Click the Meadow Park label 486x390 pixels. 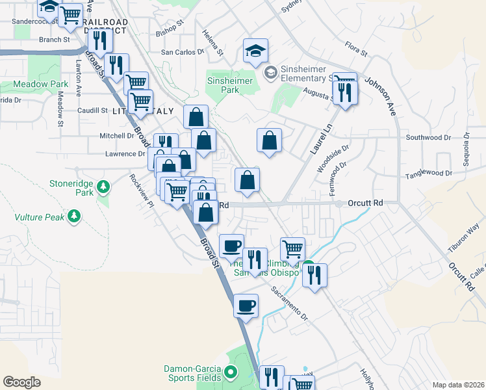[41, 84]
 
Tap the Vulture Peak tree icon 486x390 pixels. [75, 215]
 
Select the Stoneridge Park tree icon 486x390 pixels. [103, 188]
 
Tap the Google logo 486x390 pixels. [22, 382]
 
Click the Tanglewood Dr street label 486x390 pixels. [429, 173]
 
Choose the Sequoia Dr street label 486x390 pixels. [465, 153]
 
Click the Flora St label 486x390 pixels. [357, 48]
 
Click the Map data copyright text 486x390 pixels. [458, 385]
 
